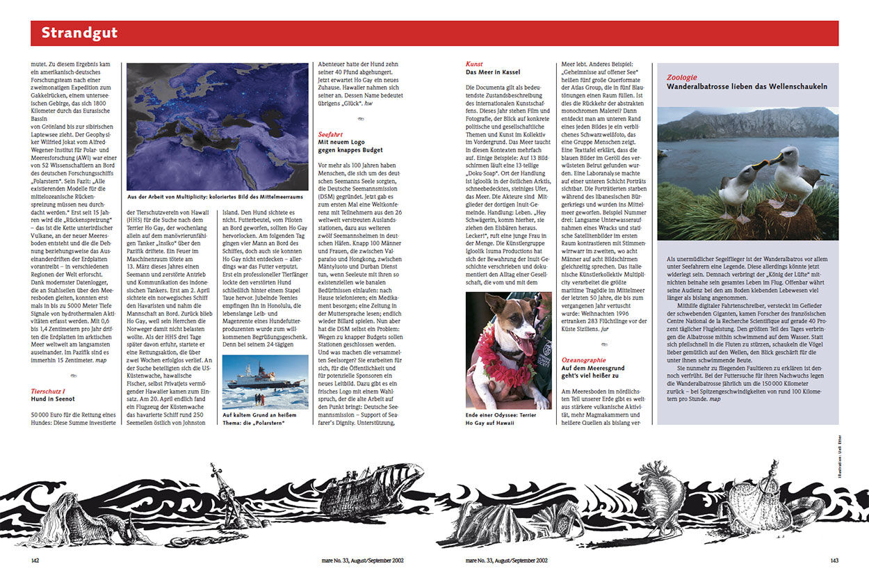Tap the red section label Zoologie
tap(682, 77)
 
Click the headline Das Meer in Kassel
tap(493, 72)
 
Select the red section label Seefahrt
tap(331, 133)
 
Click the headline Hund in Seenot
tap(53, 398)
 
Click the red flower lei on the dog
tap(494, 362)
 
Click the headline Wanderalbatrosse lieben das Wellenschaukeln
tap(747, 87)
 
